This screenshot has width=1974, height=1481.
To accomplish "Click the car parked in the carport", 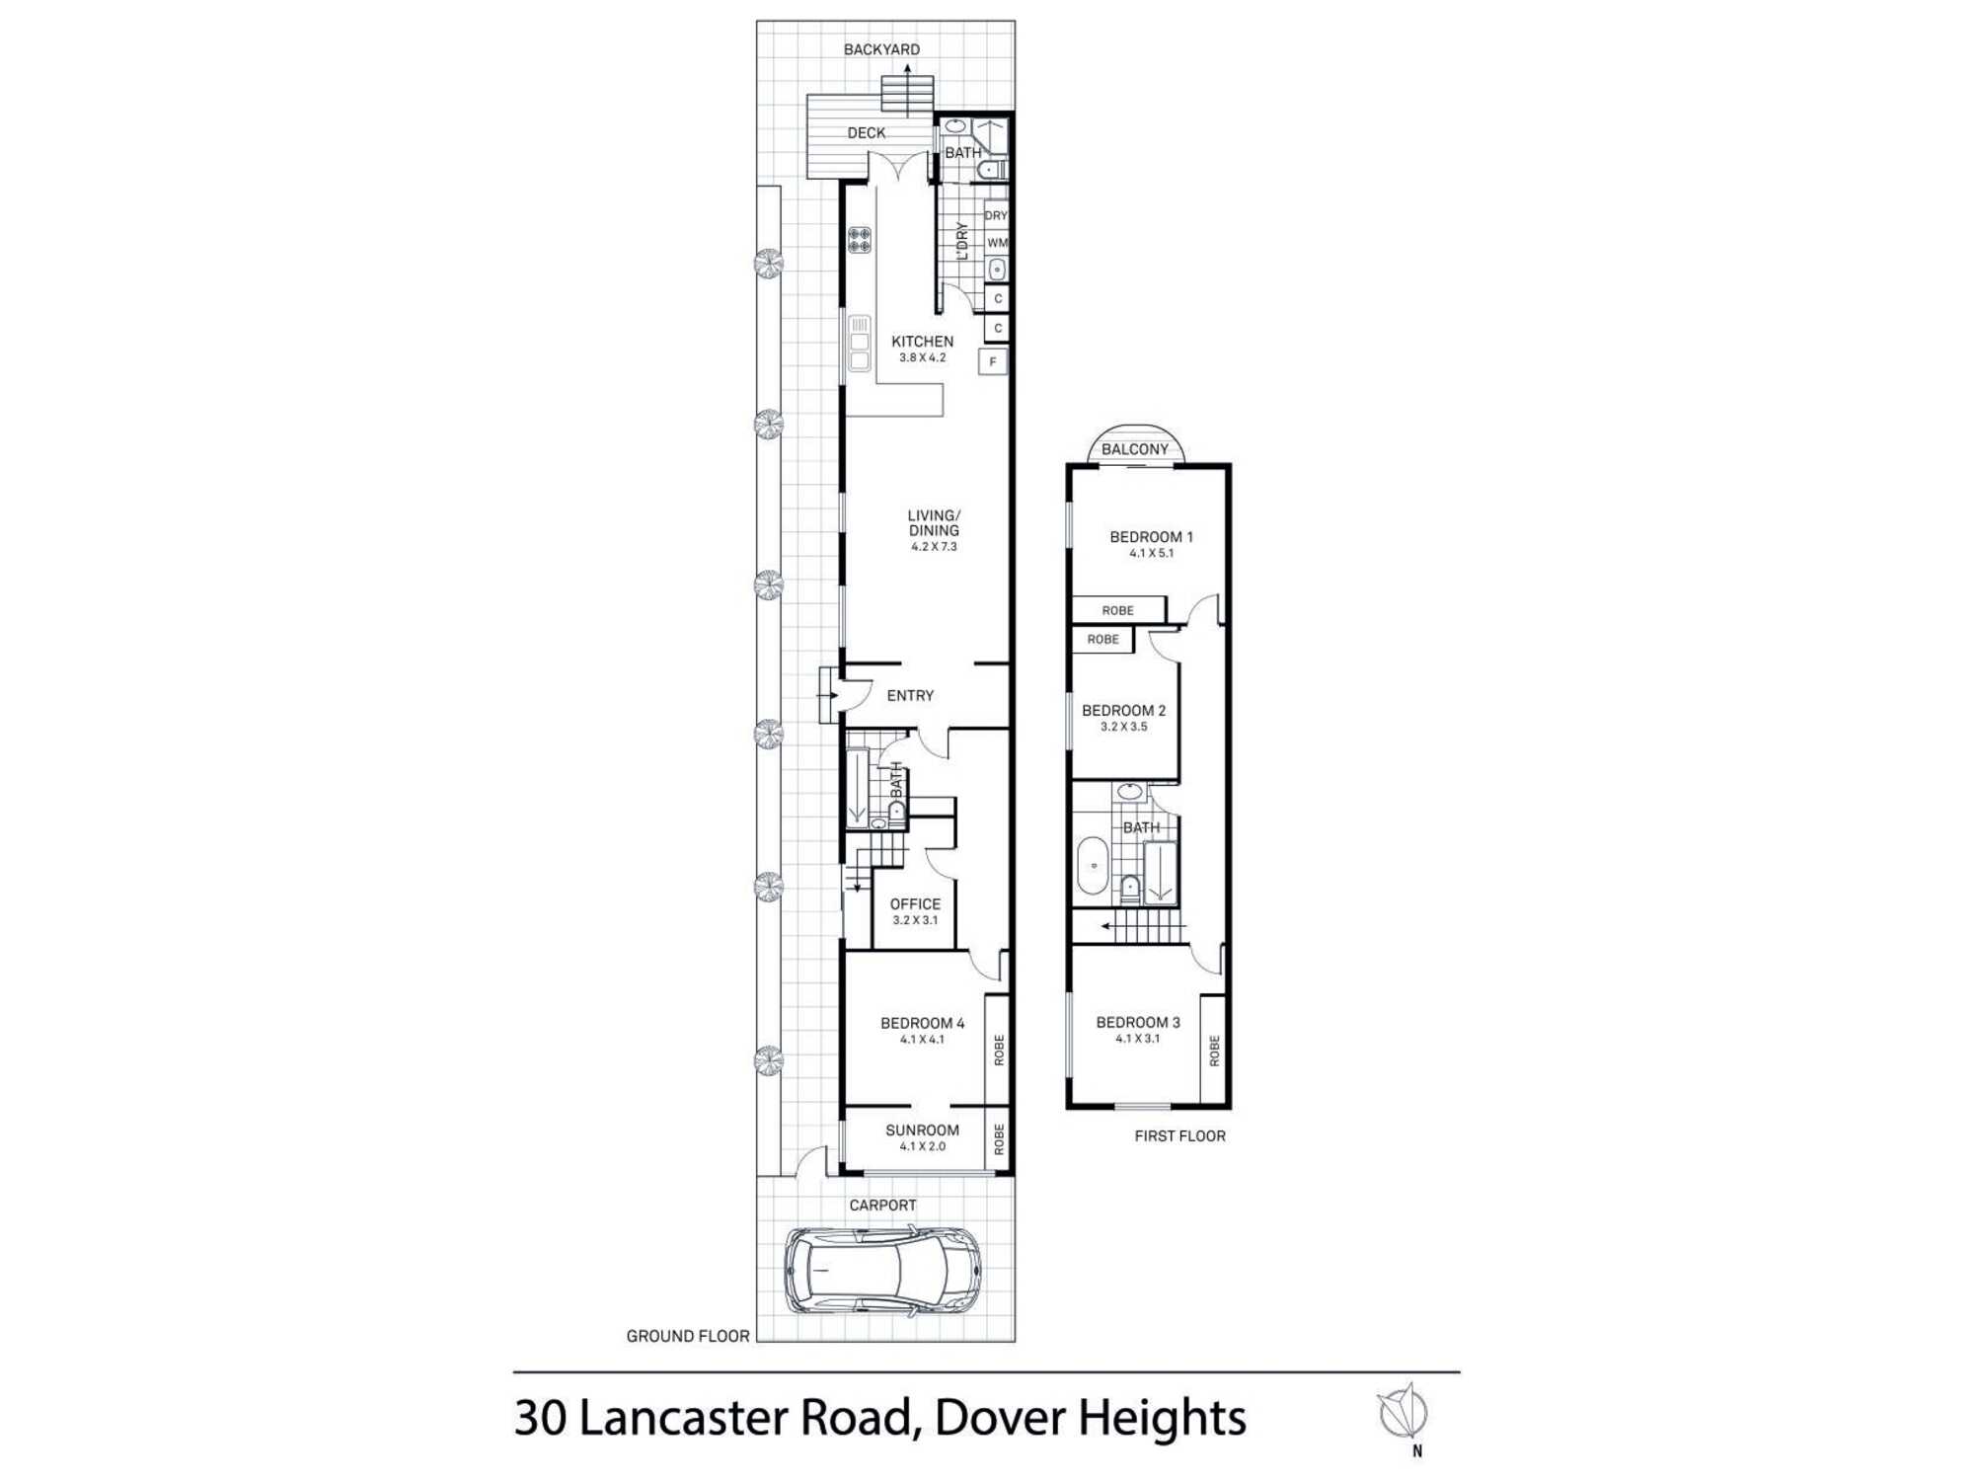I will point(882,1270).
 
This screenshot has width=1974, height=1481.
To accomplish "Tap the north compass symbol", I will point(1403,1413).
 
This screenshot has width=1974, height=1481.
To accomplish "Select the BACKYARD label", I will point(881,49).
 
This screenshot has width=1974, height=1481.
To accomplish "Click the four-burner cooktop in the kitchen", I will point(860,240).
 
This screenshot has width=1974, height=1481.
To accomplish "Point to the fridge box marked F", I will point(993,361).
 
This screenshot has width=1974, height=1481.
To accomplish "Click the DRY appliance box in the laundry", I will point(996,215).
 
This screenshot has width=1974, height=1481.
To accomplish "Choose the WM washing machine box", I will point(997,243).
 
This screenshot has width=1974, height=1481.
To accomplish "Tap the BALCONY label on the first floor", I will point(1135,449).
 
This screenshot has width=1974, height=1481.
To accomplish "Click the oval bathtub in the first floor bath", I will point(1093,865).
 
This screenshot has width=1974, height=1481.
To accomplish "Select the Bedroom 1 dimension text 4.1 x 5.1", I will point(1152,554).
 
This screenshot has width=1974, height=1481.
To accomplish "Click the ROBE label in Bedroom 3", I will point(1214,1051).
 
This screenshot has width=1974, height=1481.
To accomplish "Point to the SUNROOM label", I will point(922,1130).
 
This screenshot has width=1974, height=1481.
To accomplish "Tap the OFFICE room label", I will point(915,904).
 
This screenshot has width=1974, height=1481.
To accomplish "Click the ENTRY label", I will point(910,696).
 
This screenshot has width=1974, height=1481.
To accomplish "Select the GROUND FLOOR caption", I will point(688,1336).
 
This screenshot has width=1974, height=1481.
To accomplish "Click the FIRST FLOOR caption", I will point(1179,1136).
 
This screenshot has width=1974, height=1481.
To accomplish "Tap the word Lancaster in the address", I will point(683,1418).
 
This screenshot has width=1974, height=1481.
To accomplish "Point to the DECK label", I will point(867,133).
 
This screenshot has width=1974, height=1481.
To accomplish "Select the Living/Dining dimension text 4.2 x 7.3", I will point(934,547).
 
